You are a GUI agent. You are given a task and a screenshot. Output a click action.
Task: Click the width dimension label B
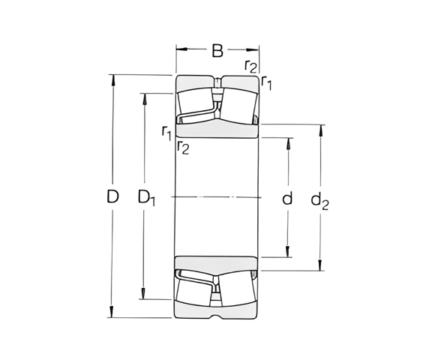pos(217,51)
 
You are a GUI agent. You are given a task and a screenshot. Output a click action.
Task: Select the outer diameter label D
pos(112,198)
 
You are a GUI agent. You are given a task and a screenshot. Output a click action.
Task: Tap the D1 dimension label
pos(147,199)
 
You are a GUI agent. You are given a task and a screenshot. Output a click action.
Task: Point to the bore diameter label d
pos(286,199)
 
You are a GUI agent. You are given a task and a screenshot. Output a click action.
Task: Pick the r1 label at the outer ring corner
pos(266,83)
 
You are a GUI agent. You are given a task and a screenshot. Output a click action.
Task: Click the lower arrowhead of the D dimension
pos(112,314)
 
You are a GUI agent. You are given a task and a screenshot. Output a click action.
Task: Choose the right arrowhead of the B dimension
pos(255,51)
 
